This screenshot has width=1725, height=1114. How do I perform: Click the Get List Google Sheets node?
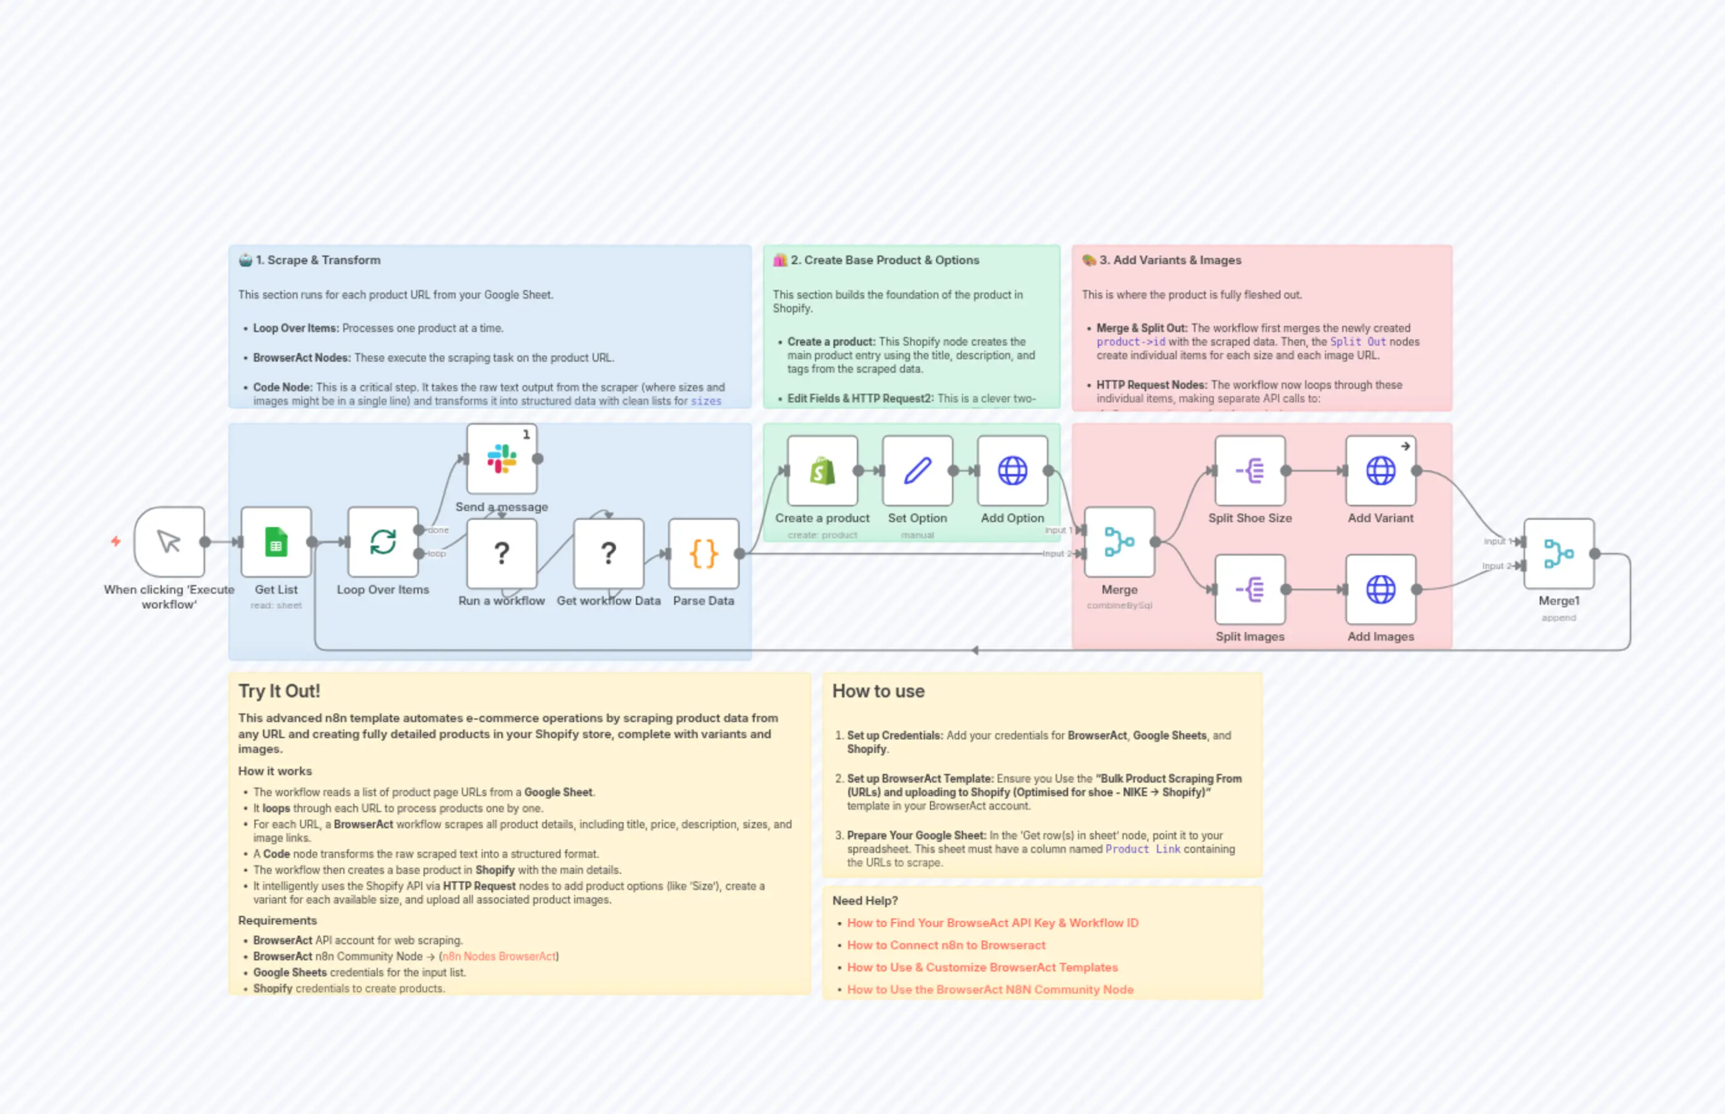tap(276, 542)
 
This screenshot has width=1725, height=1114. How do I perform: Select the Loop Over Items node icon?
tap(383, 542)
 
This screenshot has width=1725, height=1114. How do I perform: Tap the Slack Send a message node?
tap(501, 459)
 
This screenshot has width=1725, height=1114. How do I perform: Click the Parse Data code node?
tap(703, 554)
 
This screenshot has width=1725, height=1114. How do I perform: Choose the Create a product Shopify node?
tap(822, 471)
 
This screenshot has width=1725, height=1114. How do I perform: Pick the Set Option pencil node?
tap(917, 471)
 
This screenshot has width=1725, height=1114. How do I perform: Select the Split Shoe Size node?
tap(1250, 471)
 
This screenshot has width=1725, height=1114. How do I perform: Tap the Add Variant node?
tap(1380, 471)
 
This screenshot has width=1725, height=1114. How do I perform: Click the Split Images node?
tap(1250, 589)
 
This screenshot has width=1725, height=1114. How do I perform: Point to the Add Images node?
tap(1380, 589)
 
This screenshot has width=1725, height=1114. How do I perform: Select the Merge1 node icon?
tap(1558, 554)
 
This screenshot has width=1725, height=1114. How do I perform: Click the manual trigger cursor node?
tap(169, 542)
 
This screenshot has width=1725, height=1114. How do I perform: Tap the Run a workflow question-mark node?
tap(501, 554)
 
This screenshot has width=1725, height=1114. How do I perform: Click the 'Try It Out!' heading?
tap(279, 691)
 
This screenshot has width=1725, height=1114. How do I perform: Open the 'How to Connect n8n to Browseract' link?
tap(946, 945)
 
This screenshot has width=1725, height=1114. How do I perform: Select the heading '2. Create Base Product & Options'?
tap(884, 260)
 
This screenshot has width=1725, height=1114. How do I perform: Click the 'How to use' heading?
tap(878, 691)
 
